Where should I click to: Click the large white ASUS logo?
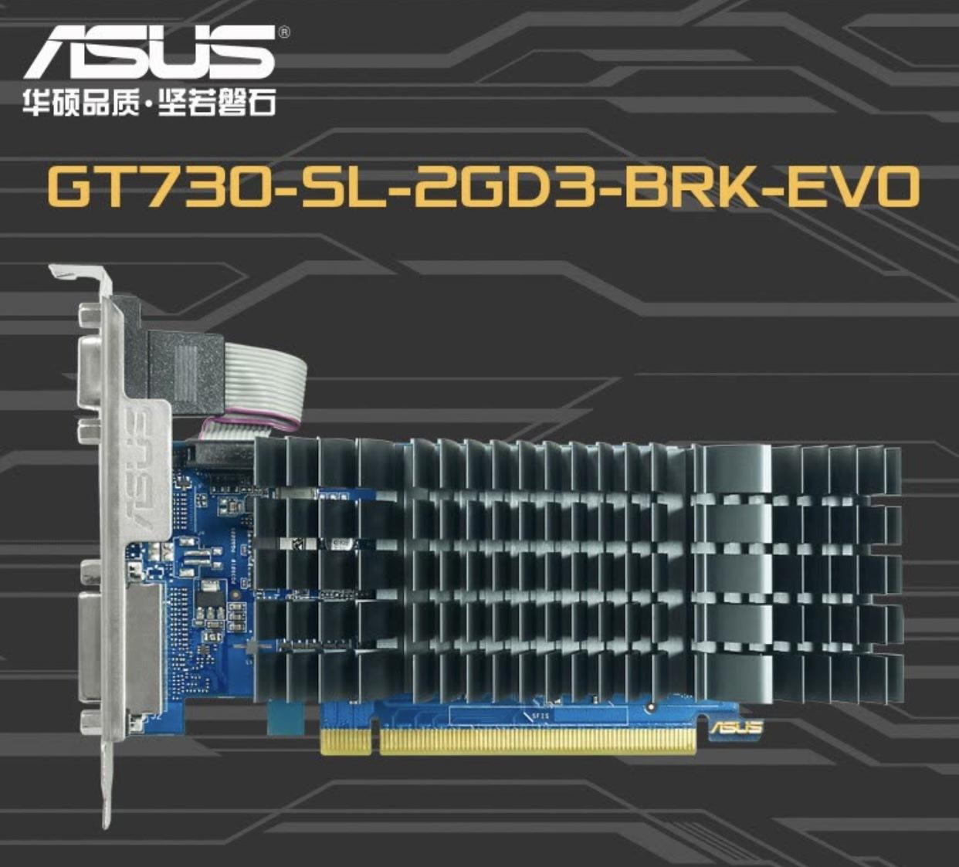[149, 52]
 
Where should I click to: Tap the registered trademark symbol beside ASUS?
[283, 32]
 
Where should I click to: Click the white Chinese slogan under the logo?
[149, 103]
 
